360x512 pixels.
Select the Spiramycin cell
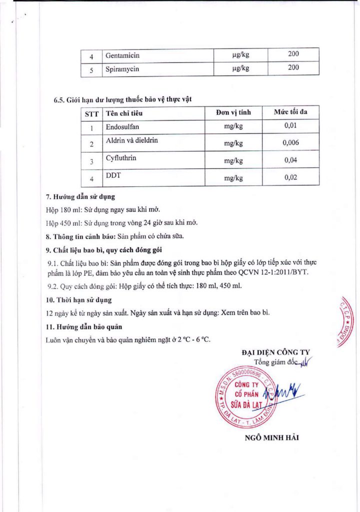[x=122, y=69]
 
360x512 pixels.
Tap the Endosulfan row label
[x=122, y=126]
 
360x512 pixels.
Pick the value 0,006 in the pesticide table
[x=290, y=143]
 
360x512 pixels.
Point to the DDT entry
[x=112, y=175]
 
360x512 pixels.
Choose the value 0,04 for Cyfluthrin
[x=290, y=160]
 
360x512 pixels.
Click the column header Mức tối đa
[x=290, y=112]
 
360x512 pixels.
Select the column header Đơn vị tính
[x=233, y=112]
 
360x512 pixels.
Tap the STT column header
[x=91, y=113]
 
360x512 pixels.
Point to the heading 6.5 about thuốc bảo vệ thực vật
[x=122, y=99]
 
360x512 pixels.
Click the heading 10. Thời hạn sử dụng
[x=79, y=300]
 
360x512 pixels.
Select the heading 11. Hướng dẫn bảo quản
[x=81, y=327]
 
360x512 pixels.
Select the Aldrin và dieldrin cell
[x=131, y=141]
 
